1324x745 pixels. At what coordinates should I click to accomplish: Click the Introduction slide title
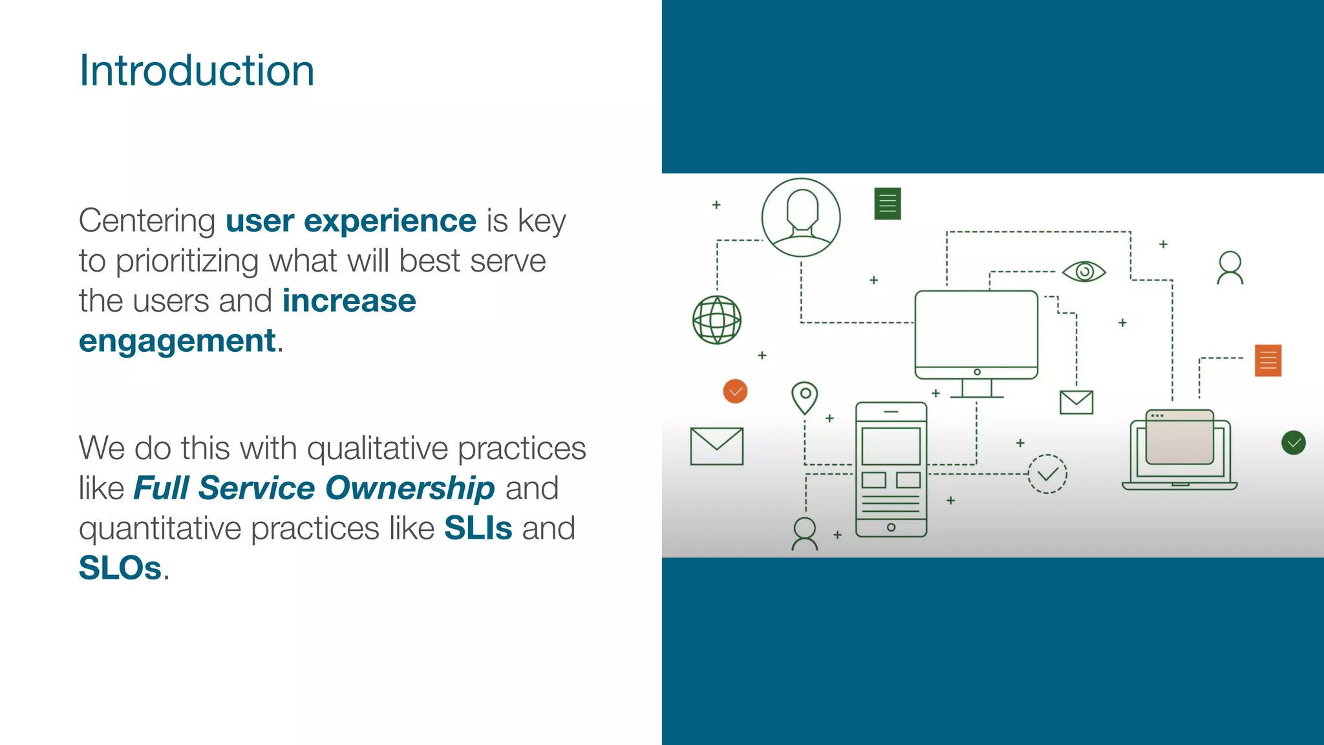197,70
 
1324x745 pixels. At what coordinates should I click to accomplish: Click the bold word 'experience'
390,221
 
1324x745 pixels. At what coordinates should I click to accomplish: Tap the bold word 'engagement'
177,341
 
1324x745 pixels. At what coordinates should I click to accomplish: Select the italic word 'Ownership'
410,488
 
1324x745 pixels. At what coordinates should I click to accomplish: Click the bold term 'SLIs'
478,528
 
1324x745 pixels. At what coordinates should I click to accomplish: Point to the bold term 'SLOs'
120,568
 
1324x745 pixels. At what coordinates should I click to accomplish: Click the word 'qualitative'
377,448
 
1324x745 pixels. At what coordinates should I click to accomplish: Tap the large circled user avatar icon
800,218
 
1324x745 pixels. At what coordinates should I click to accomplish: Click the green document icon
887,204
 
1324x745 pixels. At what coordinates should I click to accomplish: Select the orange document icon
1268,360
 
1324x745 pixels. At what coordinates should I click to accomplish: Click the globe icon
716,320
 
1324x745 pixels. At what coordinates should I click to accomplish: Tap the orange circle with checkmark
735,391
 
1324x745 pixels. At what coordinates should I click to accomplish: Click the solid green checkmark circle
1293,443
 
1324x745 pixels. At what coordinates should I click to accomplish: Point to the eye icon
1084,272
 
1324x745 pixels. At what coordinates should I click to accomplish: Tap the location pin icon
805,396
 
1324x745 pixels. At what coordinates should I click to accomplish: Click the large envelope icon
716,446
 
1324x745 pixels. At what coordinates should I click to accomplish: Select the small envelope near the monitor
1076,402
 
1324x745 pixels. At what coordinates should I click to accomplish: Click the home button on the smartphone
891,527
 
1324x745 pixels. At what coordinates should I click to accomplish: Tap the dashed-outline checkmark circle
1047,474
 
